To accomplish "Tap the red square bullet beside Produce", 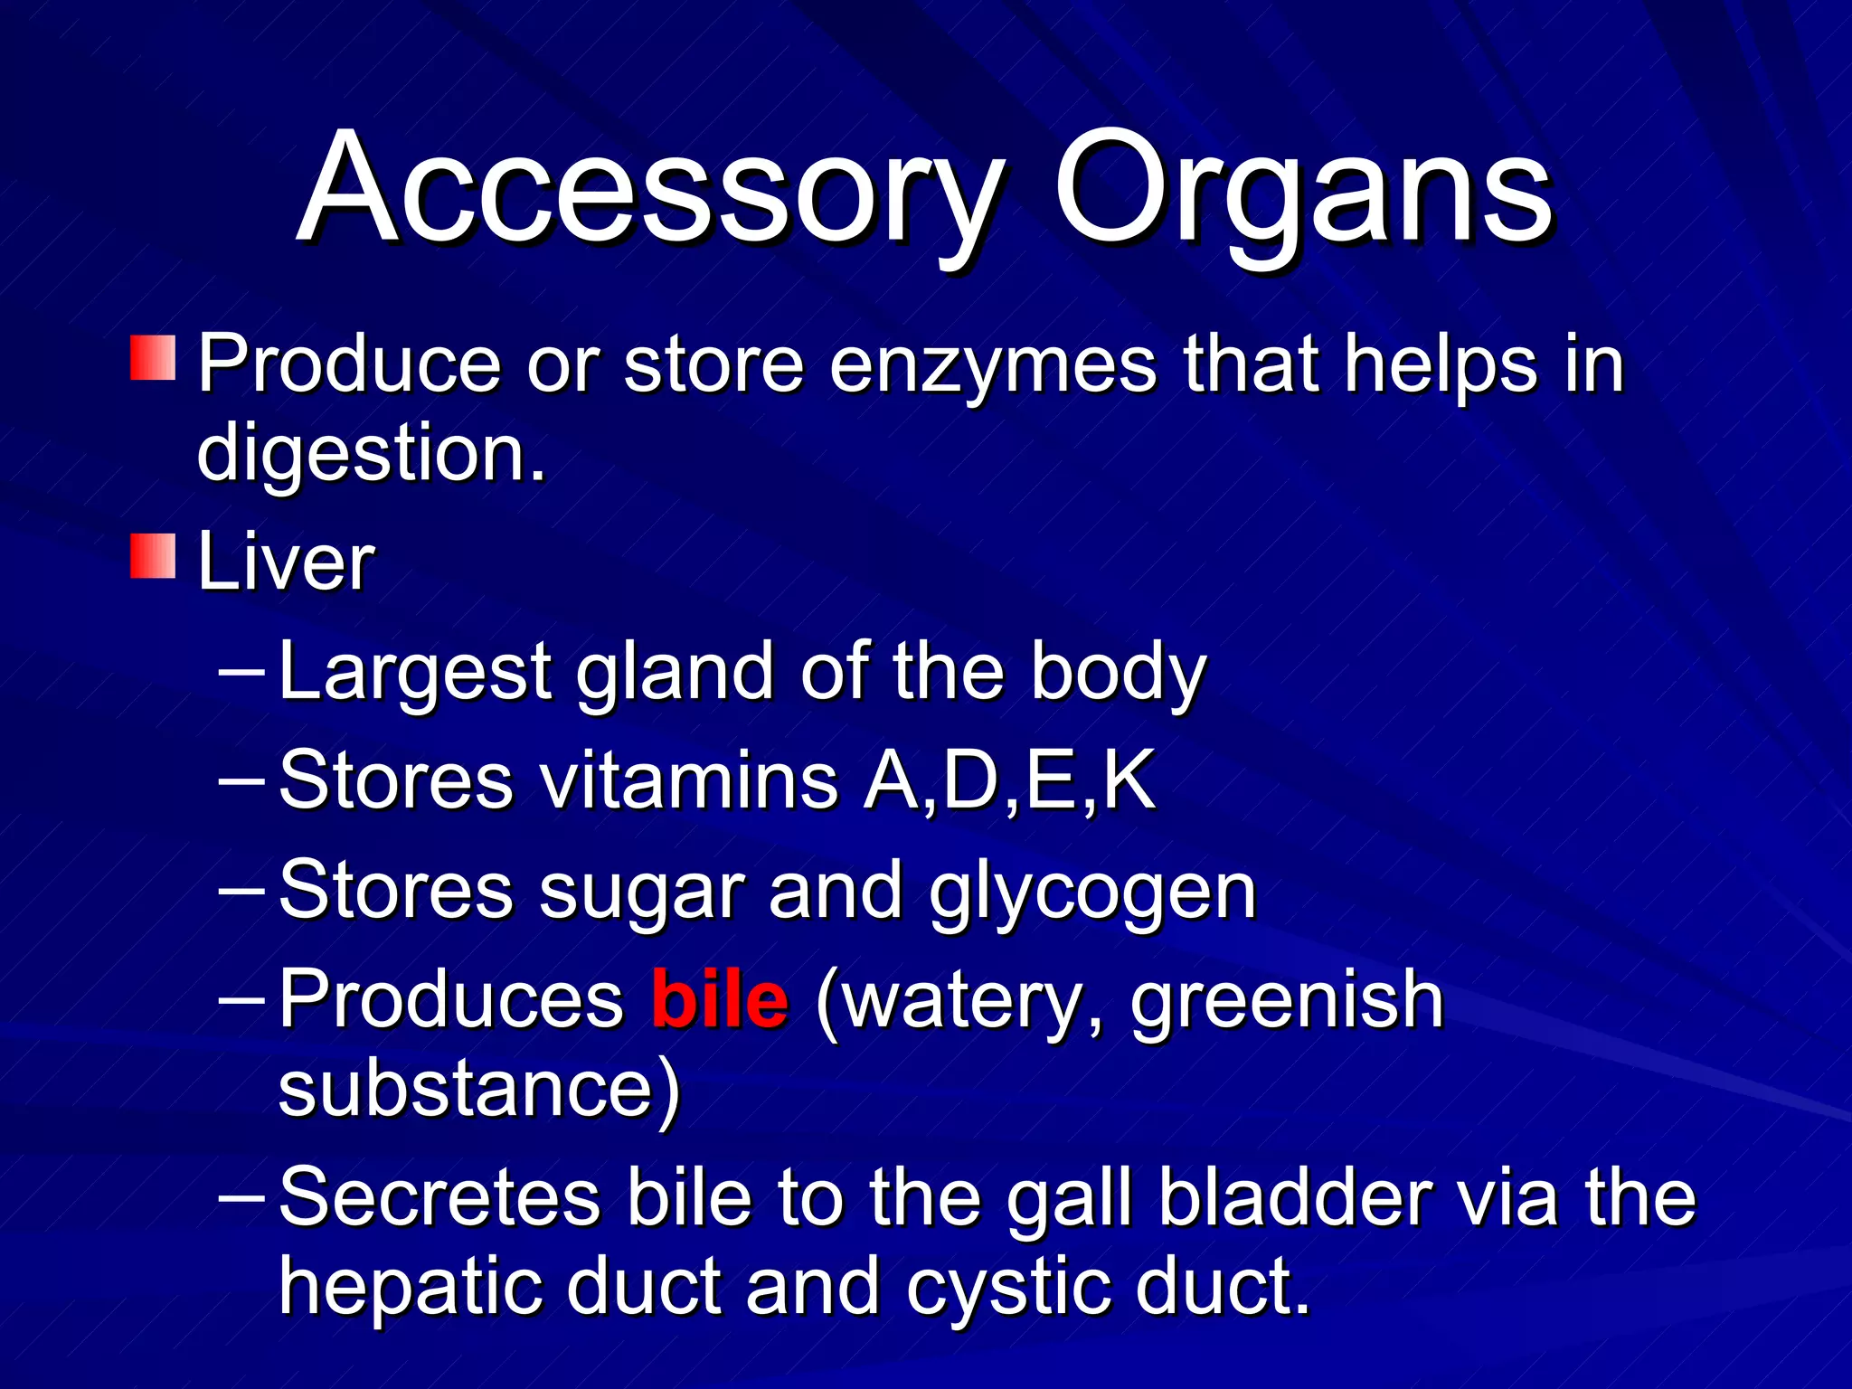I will click(x=153, y=358).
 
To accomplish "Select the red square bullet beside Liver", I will click(x=153, y=556).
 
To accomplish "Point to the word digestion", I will click(x=371, y=455).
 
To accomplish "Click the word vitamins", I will click(x=689, y=780).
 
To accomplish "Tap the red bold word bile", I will click(x=720, y=1000).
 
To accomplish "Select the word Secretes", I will click(x=439, y=1198).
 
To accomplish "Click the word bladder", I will click(x=1295, y=1198).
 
